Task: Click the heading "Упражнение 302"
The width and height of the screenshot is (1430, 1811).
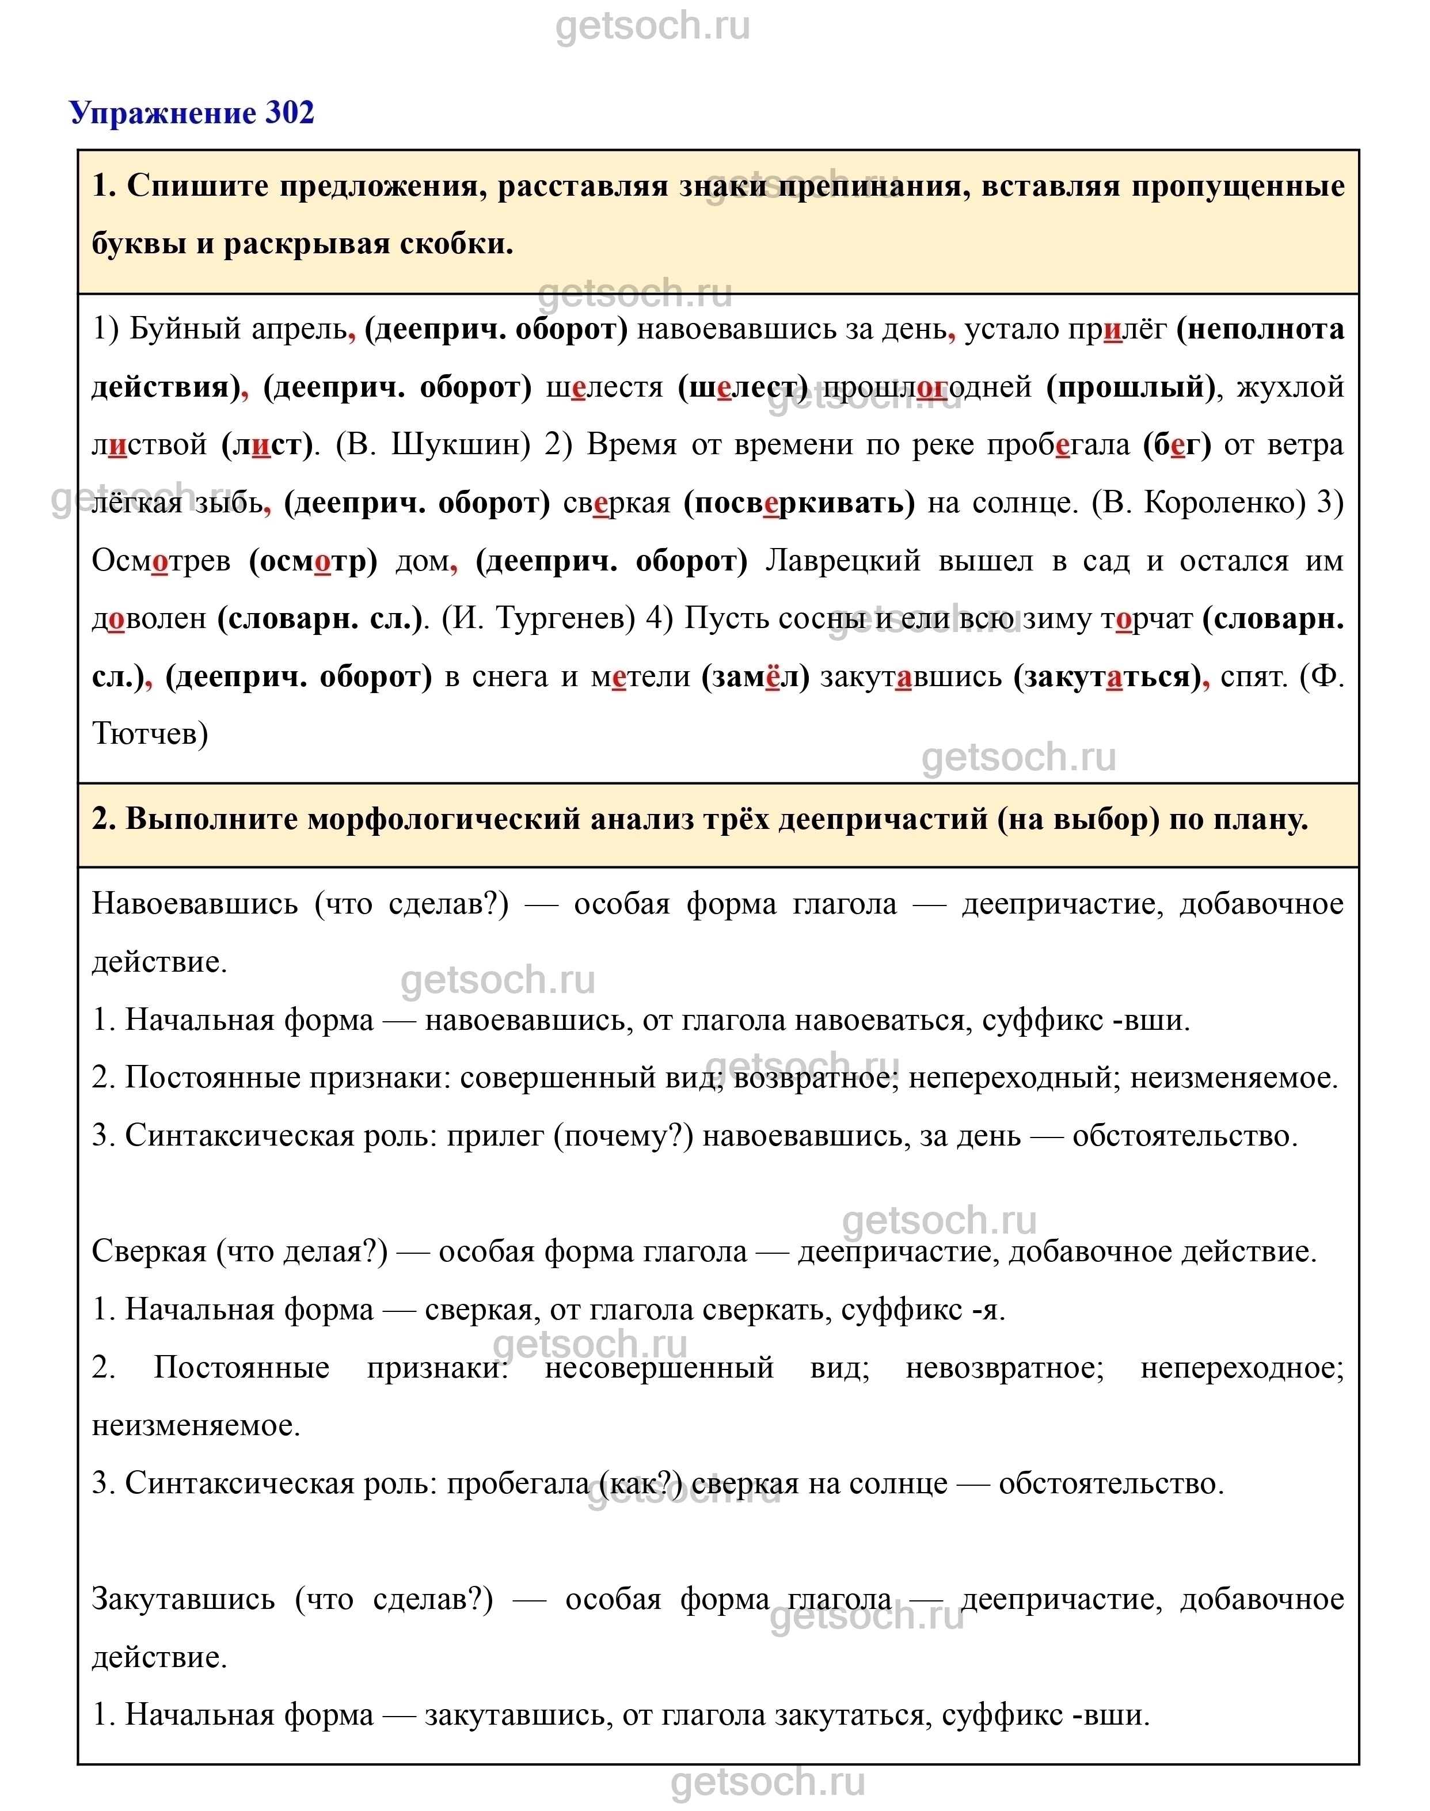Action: click(x=192, y=112)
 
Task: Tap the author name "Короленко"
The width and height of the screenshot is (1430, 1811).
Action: click(x=1224, y=503)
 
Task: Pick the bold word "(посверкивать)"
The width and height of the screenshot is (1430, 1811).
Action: click(x=800, y=503)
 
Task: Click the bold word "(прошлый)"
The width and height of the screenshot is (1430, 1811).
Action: click(x=1130, y=387)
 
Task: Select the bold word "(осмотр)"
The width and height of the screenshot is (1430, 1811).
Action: click(x=313, y=560)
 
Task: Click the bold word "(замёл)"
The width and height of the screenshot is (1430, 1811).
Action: click(x=755, y=676)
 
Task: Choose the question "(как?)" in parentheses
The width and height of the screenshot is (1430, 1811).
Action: click(x=641, y=1483)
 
